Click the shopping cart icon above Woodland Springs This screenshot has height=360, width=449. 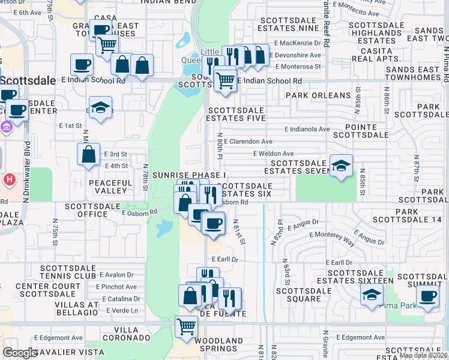click(x=186, y=327)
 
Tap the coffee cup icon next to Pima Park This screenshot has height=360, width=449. click(x=427, y=296)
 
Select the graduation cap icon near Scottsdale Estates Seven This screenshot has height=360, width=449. click(x=341, y=166)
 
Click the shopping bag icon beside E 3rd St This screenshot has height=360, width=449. click(x=88, y=154)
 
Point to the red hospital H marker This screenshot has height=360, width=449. click(x=10, y=179)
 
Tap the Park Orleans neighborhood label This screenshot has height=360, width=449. click(x=318, y=95)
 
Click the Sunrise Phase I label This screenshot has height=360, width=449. click(x=188, y=175)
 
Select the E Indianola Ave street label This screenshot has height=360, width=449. click(x=307, y=129)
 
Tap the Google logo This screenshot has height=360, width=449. click(x=20, y=353)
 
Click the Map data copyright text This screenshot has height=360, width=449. click(x=423, y=355)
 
